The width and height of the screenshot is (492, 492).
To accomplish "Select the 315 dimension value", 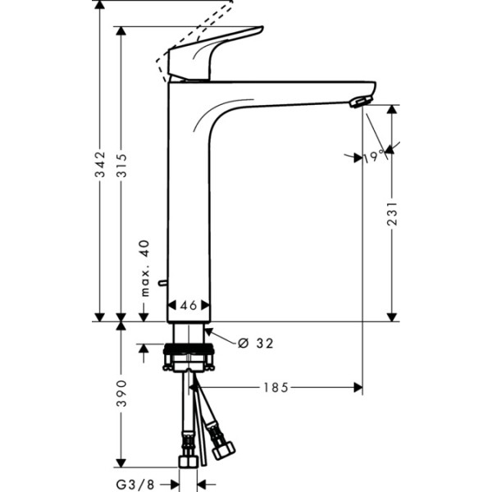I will pos(122,169).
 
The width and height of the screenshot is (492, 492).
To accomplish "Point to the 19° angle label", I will pos(374,157).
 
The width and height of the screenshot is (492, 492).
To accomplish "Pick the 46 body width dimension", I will pos(189,305).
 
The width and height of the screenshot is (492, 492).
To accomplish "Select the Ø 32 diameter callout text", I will pos(255,343).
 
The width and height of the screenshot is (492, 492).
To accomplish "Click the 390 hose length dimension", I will pos(122,394).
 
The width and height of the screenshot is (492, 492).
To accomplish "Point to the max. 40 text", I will pos(144,269).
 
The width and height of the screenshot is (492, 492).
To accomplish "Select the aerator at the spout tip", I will pos(358,101).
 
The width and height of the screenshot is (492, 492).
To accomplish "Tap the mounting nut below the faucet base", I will pos(189,358).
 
